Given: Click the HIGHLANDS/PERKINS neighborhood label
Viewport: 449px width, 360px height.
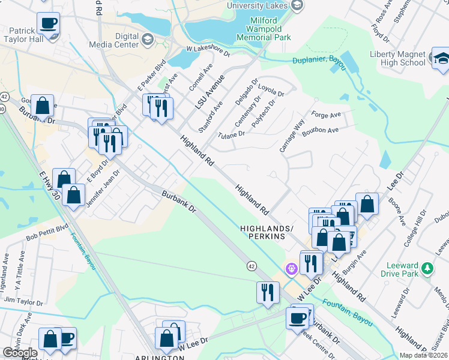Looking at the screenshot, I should click(x=267, y=233).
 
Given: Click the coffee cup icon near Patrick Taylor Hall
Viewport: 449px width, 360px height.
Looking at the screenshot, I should click(x=48, y=23).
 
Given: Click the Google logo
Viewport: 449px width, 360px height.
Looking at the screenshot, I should click(x=20, y=353).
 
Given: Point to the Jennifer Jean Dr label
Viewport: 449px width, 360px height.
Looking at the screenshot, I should click(x=103, y=188).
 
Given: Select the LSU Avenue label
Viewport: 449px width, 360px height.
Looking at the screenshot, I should click(x=209, y=91).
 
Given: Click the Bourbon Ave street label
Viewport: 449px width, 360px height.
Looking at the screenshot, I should click(x=321, y=130).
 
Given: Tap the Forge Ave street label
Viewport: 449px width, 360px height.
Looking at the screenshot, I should click(x=326, y=115).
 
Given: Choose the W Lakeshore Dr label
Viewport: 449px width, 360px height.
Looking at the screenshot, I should click(x=208, y=50).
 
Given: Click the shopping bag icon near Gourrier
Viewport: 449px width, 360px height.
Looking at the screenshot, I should click(x=43, y=106).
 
